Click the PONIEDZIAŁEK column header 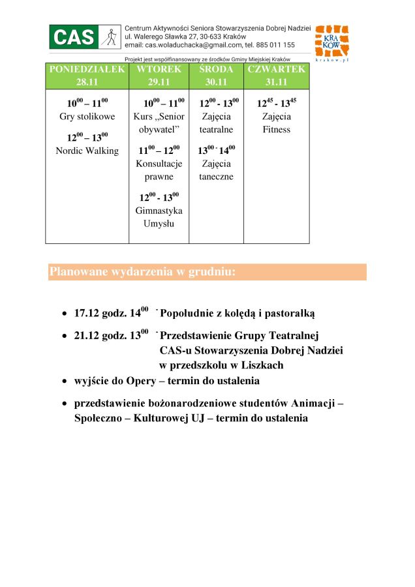(x=87, y=69)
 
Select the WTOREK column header (x=159, y=69)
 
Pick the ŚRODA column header (x=216, y=69)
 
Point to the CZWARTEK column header (x=276, y=69)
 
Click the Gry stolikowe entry (x=87, y=117)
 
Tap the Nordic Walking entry (x=87, y=151)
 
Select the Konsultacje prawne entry (x=159, y=170)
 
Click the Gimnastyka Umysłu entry (x=159, y=217)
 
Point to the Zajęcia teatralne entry (x=216, y=123)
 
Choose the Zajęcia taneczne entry (x=216, y=170)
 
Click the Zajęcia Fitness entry (x=276, y=123)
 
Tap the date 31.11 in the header (x=276, y=82)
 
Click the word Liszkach (x=261, y=365)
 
